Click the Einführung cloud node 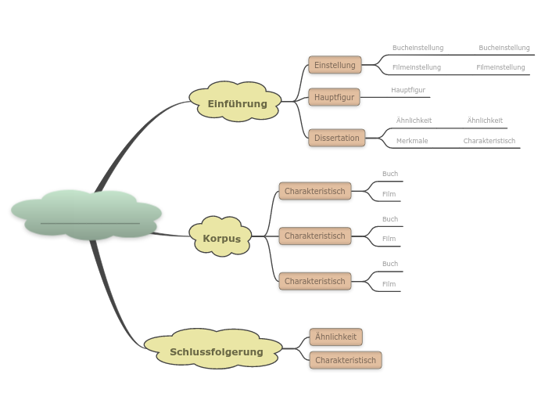click(x=236, y=103)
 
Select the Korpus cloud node click(x=221, y=238)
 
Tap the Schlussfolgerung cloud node click(x=216, y=351)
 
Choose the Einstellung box click(x=335, y=65)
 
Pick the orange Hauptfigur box click(x=334, y=97)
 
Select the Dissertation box click(x=336, y=138)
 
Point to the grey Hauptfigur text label click(x=408, y=90)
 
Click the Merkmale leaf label click(x=412, y=141)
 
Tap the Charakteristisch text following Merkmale click(x=489, y=141)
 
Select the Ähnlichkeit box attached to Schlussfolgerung click(x=335, y=337)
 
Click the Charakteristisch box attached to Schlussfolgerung click(x=345, y=360)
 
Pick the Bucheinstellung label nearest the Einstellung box click(x=418, y=48)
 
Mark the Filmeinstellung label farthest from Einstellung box click(x=500, y=67)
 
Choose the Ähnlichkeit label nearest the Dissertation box click(x=414, y=121)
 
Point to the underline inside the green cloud click(x=90, y=224)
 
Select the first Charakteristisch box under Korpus click(x=314, y=191)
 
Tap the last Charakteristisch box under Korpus click(x=314, y=281)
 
